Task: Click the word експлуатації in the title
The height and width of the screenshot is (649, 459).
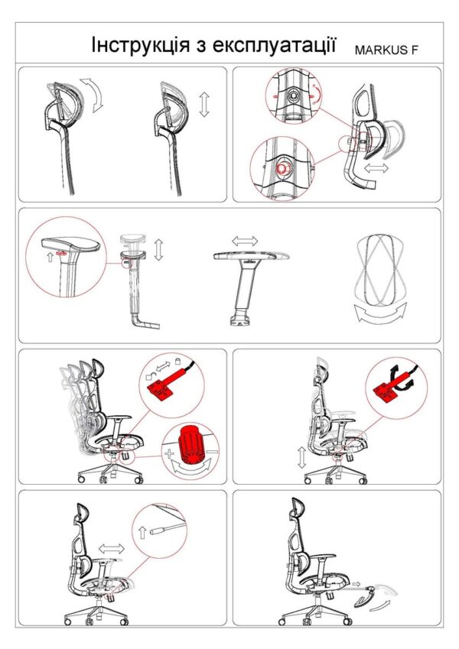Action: (x=274, y=44)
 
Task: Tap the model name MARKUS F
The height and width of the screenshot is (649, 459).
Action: (x=386, y=50)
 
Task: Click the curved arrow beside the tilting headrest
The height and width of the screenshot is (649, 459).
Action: (x=93, y=94)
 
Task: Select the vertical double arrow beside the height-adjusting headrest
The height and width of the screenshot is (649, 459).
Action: (x=203, y=105)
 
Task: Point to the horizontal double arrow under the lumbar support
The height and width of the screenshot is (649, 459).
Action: (x=376, y=168)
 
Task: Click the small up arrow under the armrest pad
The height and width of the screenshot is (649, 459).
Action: (x=50, y=258)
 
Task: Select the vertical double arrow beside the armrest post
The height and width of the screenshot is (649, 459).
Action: (x=158, y=249)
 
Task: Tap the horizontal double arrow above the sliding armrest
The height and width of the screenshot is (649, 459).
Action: (x=244, y=241)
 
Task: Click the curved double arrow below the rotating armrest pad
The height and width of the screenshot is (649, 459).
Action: (x=380, y=313)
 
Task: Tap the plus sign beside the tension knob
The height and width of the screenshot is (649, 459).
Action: (x=168, y=453)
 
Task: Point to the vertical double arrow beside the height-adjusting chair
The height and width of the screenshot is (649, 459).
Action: (x=301, y=458)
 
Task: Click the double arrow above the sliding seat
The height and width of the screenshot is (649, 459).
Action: (x=112, y=549)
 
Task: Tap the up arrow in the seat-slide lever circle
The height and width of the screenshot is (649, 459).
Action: (x=142, y=532)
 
